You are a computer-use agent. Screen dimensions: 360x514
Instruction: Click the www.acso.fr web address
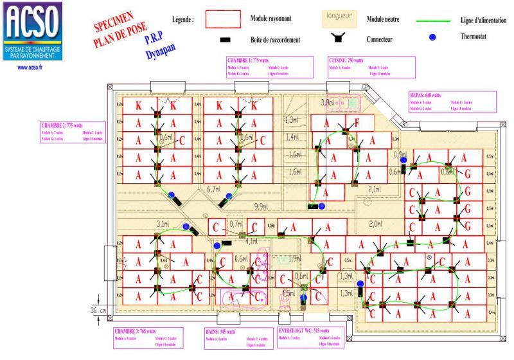tap(31, 66)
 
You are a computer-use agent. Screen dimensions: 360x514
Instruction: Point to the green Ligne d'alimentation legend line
tap(438, 20)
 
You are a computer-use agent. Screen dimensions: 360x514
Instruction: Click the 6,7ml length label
tap(214, 189)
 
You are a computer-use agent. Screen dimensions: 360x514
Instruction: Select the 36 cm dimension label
tap(98, 310)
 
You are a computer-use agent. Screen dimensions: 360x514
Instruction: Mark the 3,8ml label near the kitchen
tap(328, 102)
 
